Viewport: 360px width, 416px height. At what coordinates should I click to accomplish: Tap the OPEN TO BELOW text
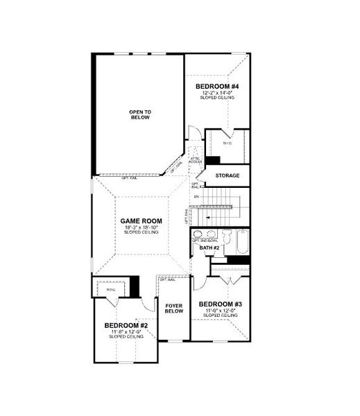(140, 114)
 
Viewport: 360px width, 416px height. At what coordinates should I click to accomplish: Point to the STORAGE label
(228, 175)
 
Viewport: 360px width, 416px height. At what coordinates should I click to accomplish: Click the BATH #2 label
(211, 248)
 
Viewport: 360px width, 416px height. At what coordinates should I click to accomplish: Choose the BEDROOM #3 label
(220, 304)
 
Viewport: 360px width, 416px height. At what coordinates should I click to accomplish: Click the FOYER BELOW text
(174, 309)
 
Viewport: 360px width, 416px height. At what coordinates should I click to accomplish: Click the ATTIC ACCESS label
(196, 159)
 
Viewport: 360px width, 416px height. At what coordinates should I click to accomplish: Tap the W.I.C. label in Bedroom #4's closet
(227, 144)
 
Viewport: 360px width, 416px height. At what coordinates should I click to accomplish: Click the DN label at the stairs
(196, 198)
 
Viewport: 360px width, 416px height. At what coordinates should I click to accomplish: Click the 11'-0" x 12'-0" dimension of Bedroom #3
(220, 311)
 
